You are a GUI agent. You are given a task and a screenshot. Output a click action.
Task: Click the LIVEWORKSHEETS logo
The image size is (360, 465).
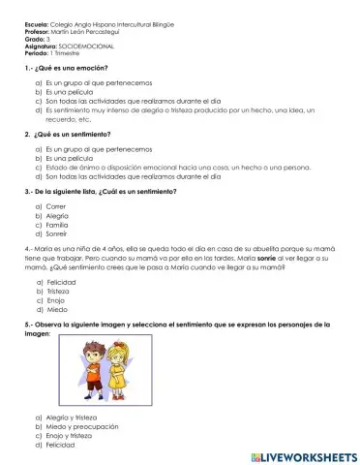coord(302,454)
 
